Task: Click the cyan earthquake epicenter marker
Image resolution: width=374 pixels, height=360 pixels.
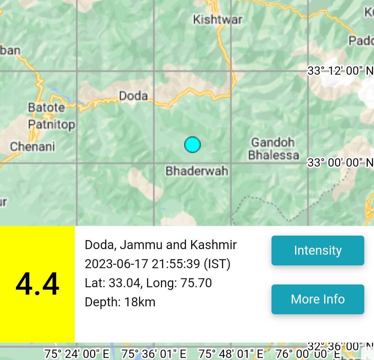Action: click(x=193, y=144)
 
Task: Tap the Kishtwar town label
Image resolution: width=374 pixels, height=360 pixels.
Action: click(x=217, y=19)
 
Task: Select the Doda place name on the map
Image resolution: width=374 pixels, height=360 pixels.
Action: click(x=133, y=96)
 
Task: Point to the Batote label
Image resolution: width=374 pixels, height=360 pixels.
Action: click(x=46, y=107)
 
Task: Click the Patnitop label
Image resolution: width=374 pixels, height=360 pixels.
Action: click(x=51, y=124)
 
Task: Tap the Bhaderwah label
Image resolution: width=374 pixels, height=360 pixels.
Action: click(x=197, y=170)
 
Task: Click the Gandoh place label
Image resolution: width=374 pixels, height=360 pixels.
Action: click(x=273, y=142)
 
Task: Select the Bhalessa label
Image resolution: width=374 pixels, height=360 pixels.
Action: click(x=274, y=155)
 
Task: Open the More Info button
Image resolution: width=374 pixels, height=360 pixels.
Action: click(x=318, y=299)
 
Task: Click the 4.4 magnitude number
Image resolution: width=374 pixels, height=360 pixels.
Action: click(x=37, y=284)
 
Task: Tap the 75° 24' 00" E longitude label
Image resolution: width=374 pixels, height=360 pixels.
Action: click(x=77, y=354)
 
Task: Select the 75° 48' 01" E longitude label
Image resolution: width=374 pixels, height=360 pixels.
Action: click(x=231, y=354)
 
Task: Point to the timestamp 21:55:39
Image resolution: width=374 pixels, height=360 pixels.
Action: click(x=176, y=264)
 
